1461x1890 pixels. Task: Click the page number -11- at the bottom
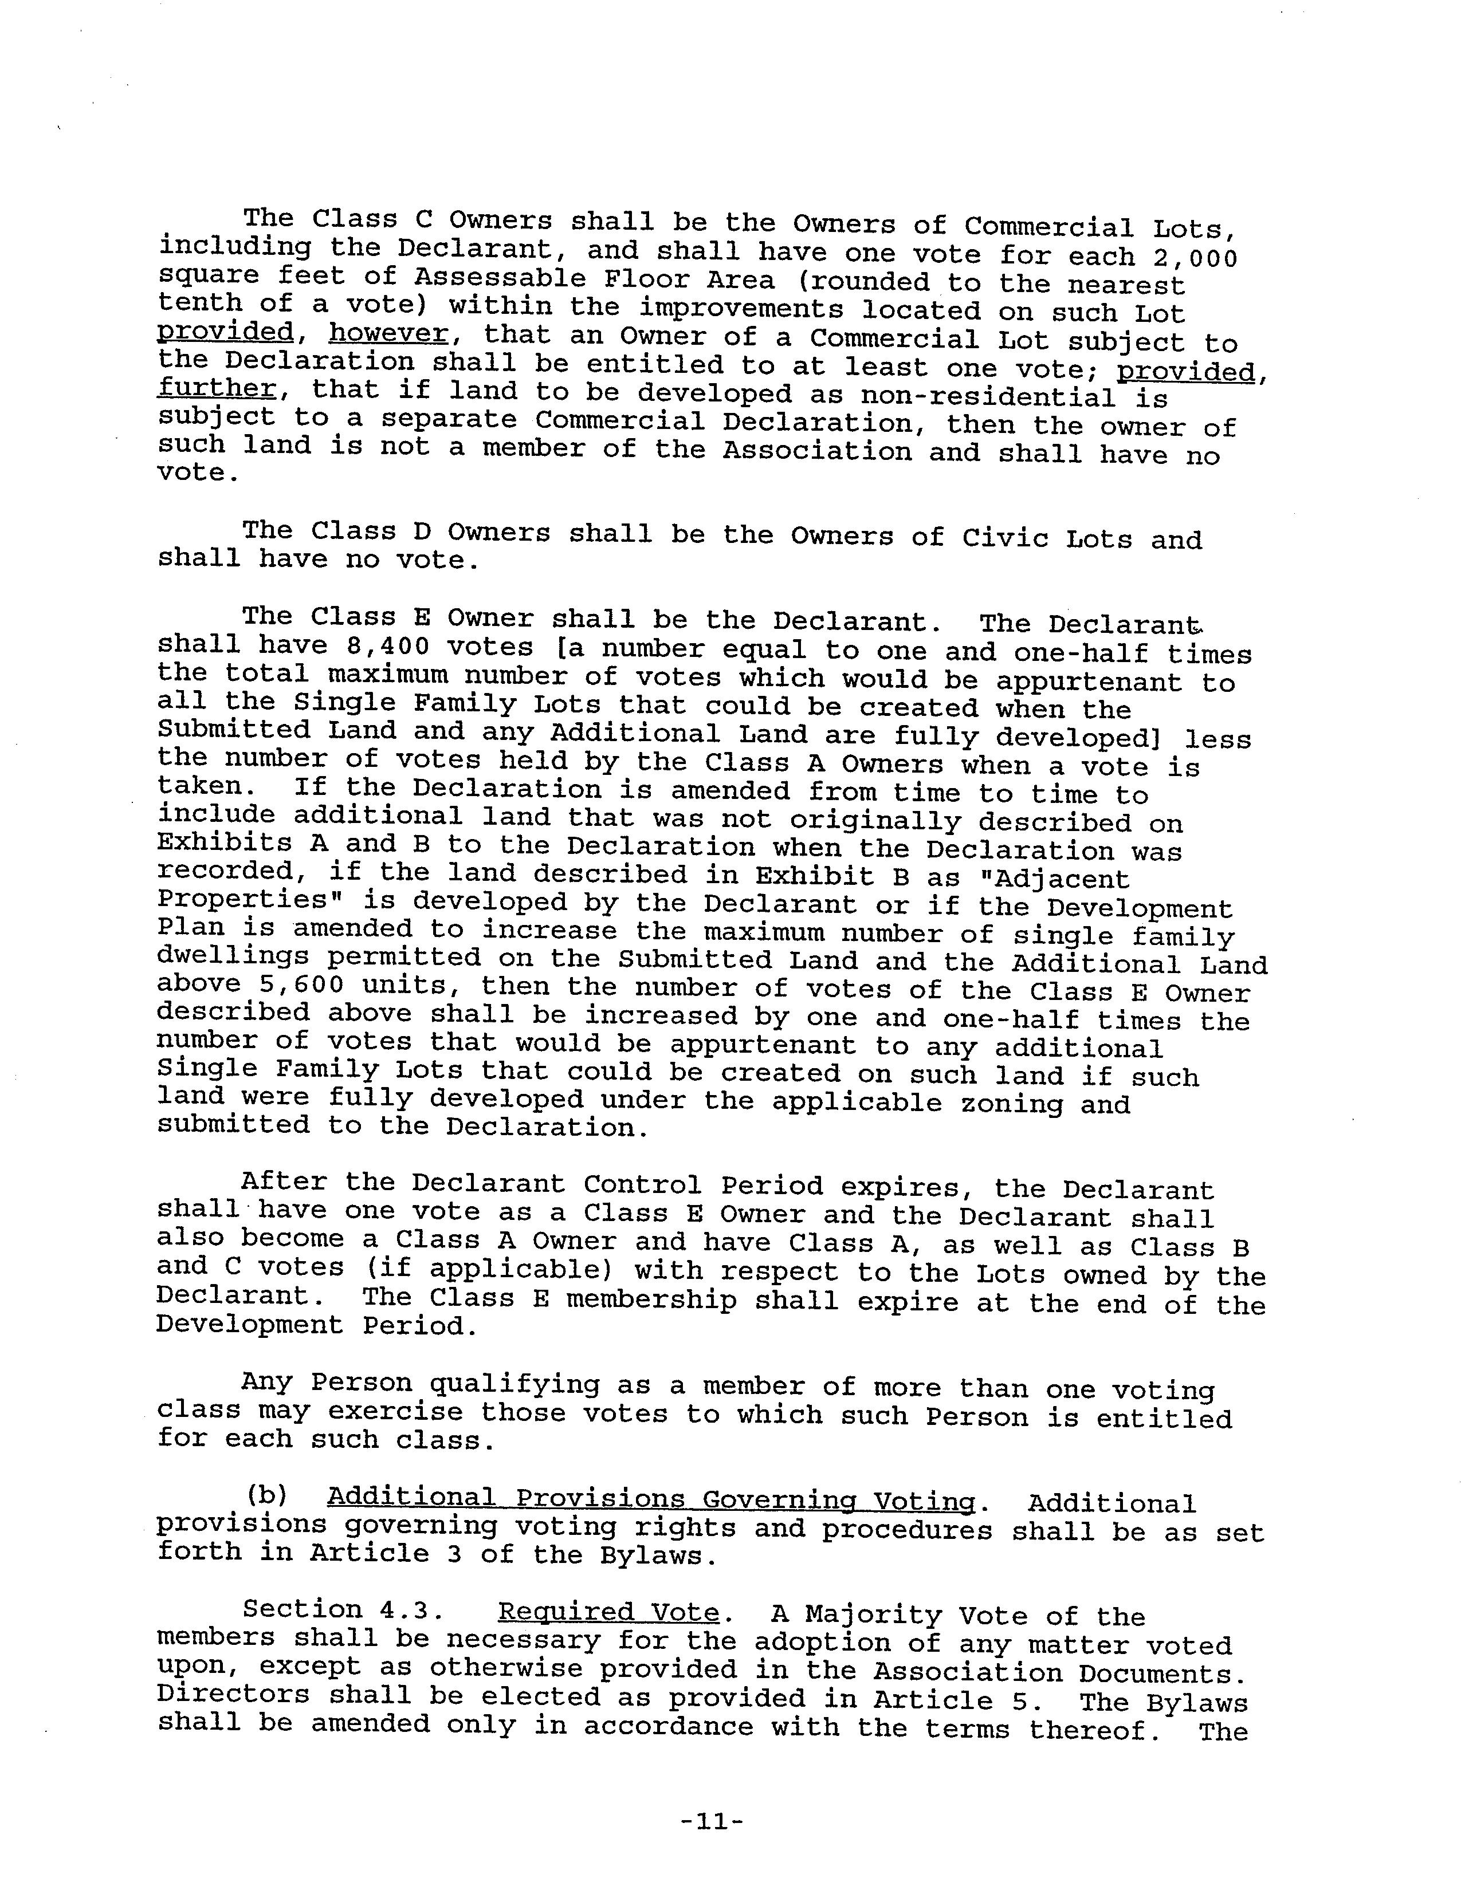(x=712, y=1822)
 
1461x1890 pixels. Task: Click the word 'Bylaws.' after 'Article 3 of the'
(x=659, y=1555)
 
